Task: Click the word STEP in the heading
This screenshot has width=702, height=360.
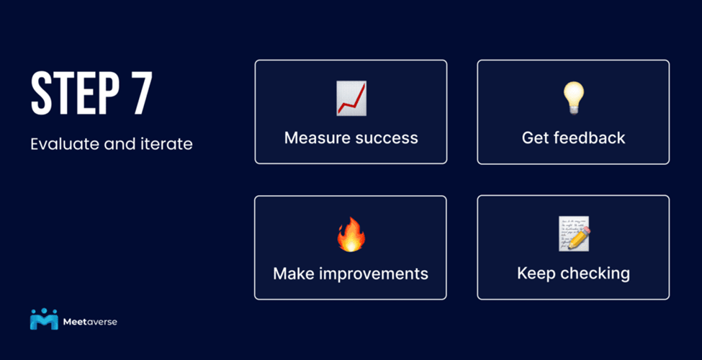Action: click(75, 94)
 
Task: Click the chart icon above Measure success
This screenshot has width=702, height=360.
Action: click(351, 99)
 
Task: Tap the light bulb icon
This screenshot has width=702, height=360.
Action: click(574, 99)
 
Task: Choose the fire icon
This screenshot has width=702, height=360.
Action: click(351, 234)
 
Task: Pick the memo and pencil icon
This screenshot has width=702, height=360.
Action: click(575, 234)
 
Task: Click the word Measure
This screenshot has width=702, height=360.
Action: click(317, 138)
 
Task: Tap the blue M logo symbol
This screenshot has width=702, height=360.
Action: click(44, 319)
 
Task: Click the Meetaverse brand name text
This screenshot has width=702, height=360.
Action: click(90, 322)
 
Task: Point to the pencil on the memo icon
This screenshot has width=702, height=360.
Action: click(579, 238)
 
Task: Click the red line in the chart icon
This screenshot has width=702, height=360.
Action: click(351, 100)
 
